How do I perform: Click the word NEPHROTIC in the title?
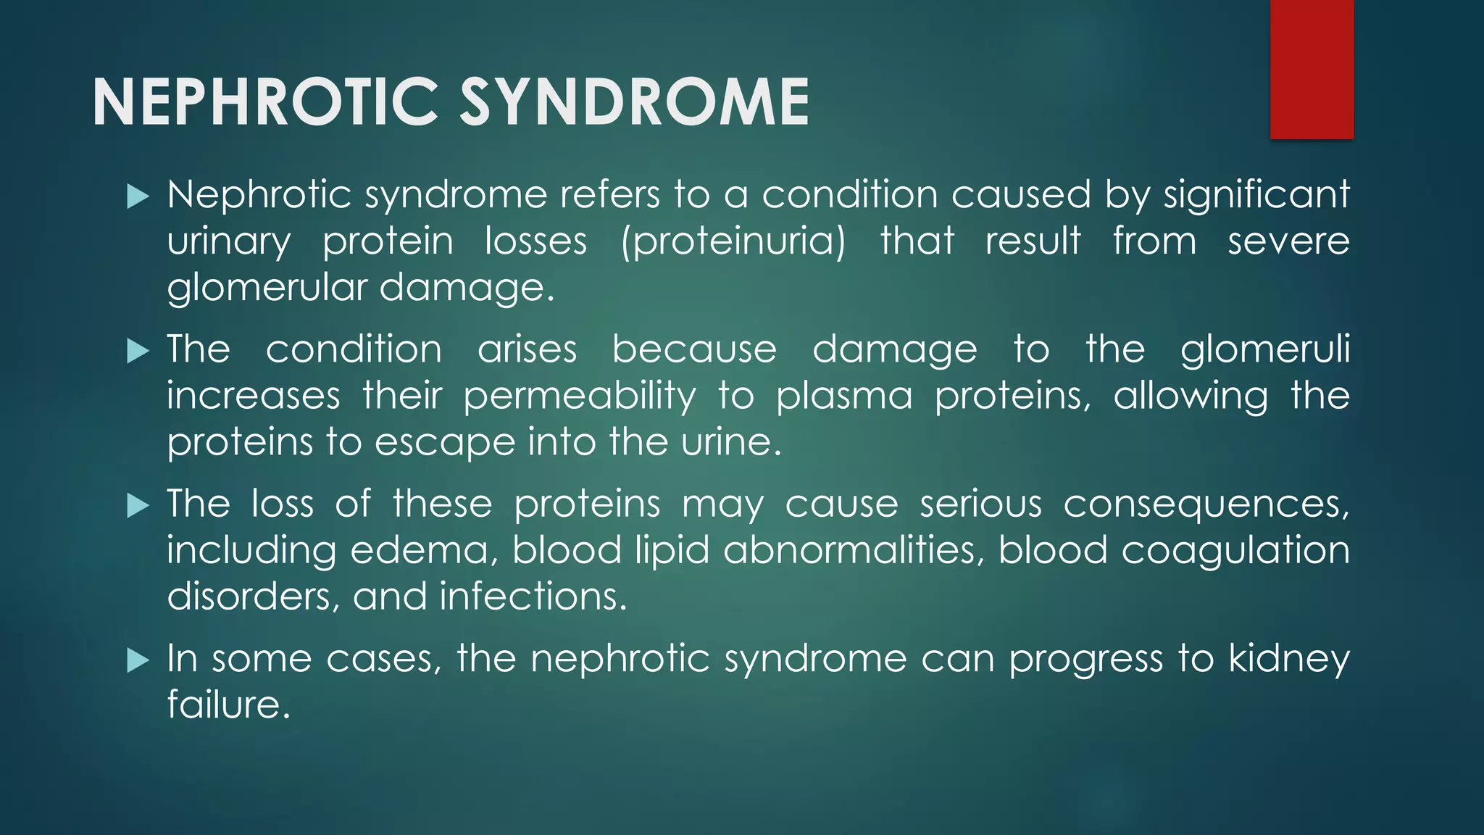(265, 102)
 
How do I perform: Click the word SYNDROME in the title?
(635, 102)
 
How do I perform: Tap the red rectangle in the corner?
(1312, 69)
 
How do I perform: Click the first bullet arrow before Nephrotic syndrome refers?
(138, 196)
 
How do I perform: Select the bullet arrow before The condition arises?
(138, 352)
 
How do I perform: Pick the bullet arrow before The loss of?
(138, 506)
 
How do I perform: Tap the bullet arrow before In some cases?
(138, 660)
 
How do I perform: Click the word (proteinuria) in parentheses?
(733, 242)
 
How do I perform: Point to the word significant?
(1256, 196)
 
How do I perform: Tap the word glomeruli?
(1265, 350)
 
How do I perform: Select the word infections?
(533, 597)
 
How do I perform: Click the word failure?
(228, 705)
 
